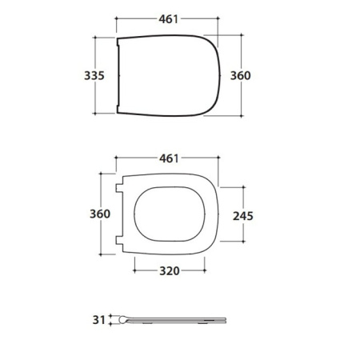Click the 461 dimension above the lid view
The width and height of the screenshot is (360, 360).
[x=169, y=19]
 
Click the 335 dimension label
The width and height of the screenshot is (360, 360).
[x=94, y=76]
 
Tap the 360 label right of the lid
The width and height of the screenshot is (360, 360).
[x=241, y=76]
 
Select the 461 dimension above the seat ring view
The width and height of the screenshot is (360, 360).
[x=169, y=158]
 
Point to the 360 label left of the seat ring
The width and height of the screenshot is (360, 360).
[x=100, y=214]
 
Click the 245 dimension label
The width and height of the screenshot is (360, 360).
[x=243, y=216]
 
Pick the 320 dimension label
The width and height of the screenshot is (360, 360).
[x=170, y=271]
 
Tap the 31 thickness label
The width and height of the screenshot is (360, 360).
[x=98, y=320]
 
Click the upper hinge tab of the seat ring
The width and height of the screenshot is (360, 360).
[x=119, y=188]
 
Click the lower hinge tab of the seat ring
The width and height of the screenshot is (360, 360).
[x=119, y=240]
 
